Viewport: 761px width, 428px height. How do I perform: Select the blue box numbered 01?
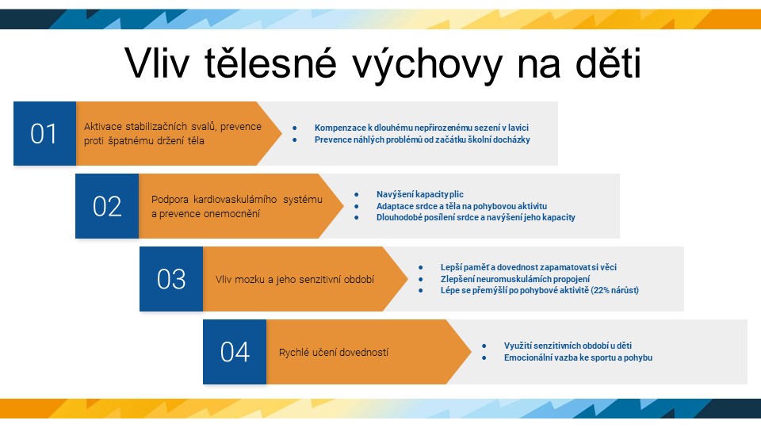(x=44, y=133)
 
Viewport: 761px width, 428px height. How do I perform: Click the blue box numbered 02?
(x=107, y=206)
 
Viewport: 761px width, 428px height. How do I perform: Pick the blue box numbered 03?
(x=171, y=279)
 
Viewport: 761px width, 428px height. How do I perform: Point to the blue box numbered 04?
(x=235, y=352)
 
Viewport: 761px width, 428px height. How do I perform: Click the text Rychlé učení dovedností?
(x=334, y=353)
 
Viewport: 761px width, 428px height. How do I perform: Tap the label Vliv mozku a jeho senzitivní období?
(x=295, y=280)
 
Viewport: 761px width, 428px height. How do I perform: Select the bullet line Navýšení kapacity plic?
(x=420, y=194)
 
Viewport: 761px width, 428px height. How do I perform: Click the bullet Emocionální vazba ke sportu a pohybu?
(x=578, y=357)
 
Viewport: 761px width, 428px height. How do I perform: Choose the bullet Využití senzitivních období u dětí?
(x=568, y=346)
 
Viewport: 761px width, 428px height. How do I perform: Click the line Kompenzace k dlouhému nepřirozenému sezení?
(x=421, y=128)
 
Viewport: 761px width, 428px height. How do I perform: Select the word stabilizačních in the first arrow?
(x=156, y=127)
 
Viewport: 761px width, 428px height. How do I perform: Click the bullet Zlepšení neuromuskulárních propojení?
(x=515, y=279)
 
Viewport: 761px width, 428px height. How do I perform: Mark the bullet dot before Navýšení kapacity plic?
(x=357, y=195)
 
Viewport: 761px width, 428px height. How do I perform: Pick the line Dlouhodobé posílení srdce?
(x=476, y=217)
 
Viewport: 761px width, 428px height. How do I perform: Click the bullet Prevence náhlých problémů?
(x=423, y=139)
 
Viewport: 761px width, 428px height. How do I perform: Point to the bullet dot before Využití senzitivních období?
(x=484, y=346)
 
